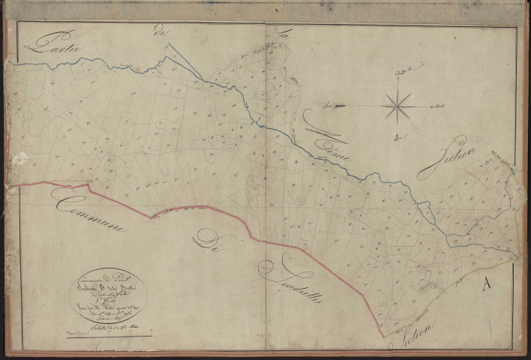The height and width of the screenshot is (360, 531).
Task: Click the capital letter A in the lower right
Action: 488,283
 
